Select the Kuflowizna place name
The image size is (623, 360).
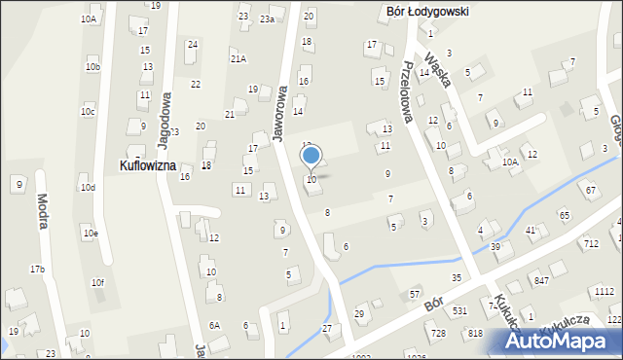147,166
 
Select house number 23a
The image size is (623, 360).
267,18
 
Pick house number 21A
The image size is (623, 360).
238,58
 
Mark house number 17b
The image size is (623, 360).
37,269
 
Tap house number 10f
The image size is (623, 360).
97,282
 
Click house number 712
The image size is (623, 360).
591,243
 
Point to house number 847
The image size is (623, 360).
541,281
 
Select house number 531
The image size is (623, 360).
459,310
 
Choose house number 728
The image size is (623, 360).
439,334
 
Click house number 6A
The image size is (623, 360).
214,325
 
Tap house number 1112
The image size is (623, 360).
604,292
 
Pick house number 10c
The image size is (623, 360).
88,112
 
